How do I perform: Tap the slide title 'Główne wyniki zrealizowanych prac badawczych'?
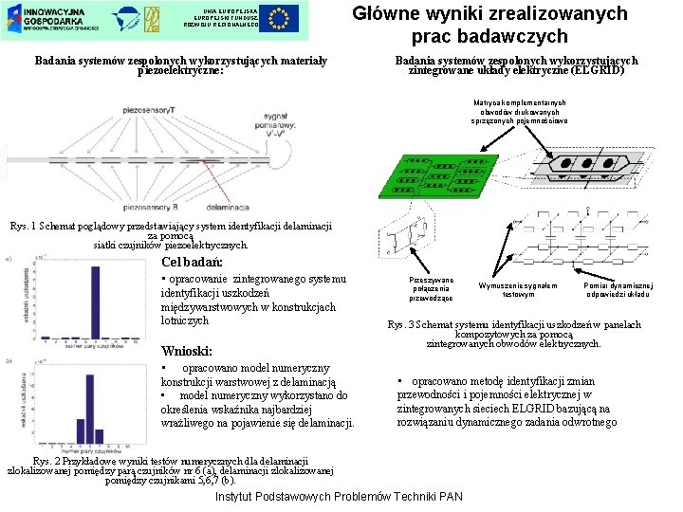click(489, 26)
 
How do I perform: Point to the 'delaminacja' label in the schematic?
click(225, 207)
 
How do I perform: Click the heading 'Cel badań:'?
click(193, 262)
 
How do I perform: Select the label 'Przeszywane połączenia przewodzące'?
click(432, 289)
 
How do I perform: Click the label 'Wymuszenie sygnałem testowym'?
click(518, 289)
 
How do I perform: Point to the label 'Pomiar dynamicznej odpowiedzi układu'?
click(618, 289)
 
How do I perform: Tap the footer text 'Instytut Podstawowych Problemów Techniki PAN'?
click(340, 498)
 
